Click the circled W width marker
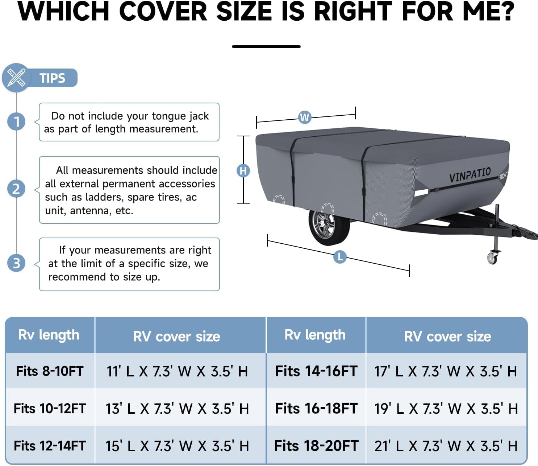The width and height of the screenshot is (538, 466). coord(305,117)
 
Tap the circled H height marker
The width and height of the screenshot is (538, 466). coord(243,171)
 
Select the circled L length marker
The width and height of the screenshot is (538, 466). coord(340,257)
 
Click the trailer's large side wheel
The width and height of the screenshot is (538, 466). coord(329,227)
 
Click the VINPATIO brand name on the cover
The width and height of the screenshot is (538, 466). coord(470,175)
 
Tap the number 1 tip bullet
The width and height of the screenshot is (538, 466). coord(16,121)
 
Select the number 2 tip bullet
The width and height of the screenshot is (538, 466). coord(16,189)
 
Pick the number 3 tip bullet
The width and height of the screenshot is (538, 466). coord(16,263)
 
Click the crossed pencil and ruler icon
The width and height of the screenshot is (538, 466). coord(16,78)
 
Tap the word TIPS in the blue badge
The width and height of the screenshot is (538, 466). coord(52,78)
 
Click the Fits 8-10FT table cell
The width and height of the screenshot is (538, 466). coord(50,371)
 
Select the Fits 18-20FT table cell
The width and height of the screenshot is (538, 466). coord(317,446)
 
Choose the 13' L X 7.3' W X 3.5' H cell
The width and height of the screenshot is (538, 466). coord(177,408)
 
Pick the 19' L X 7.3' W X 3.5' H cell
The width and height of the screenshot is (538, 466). coord(446,408)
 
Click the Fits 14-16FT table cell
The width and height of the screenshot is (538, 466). coord(317,371)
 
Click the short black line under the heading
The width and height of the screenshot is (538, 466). coord(266,47)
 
